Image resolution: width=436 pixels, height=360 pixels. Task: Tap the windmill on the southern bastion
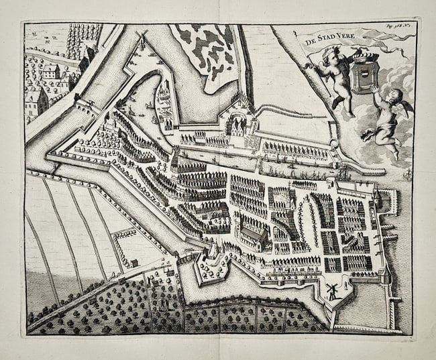click(x=331, y=290)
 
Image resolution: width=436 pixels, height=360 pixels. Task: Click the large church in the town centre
click(x=252, y=233)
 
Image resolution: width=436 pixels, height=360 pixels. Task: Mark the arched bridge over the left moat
click(x=85, y=102)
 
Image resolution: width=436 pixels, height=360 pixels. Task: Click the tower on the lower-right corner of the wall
click(x=385, y=274)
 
